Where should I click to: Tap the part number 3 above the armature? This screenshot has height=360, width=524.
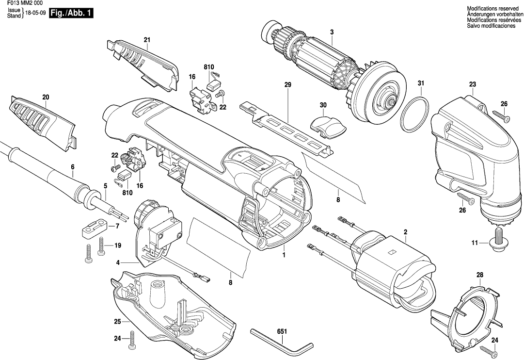click(332, 33)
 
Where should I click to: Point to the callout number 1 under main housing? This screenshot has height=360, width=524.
click(285, 254)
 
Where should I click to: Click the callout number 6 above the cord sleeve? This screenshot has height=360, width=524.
click(73, 167)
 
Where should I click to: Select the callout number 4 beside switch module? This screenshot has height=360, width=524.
click(118, 262)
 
